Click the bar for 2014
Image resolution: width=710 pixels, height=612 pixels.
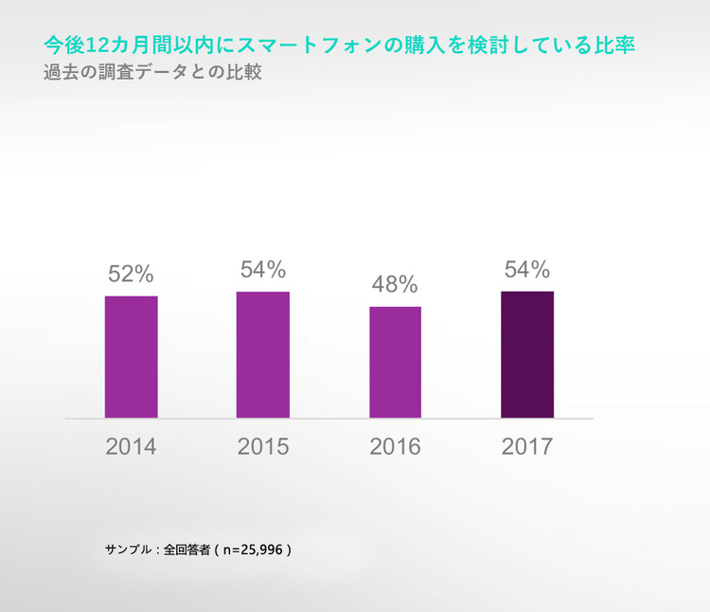click(131, 356)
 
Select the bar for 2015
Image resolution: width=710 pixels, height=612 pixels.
click(263, 354)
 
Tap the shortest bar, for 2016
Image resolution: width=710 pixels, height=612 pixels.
click(395, 362)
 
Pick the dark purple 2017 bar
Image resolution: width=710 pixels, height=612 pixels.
click(527, 354)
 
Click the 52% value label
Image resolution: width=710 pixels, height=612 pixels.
click(131, 274)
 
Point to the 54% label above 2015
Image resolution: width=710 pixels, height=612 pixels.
click(263, 270)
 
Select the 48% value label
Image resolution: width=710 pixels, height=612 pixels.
click(395, 284)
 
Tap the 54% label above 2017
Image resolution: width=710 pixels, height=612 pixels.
click(527, 270)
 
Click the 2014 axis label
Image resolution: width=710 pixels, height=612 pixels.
click(131, 446)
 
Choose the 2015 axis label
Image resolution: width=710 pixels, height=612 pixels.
click(263, 446)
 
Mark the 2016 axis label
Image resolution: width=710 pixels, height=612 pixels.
click(395, 446)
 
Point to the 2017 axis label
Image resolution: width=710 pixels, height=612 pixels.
click(527, 446)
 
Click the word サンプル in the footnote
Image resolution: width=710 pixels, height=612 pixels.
click(128, 549)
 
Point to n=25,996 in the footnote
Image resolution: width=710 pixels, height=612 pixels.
click(253, 549)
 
